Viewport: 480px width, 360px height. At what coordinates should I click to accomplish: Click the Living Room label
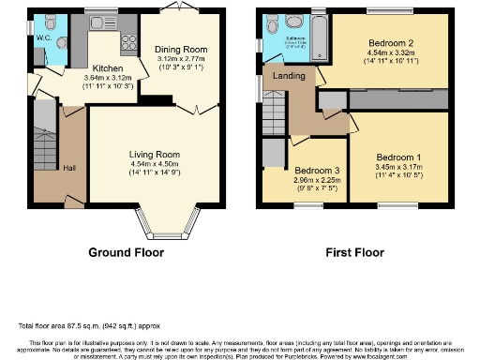click(154, 154)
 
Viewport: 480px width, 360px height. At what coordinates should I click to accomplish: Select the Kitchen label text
click(106, 68)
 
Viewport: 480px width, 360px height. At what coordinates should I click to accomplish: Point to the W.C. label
click(43, 38)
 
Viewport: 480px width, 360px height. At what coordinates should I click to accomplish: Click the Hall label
click(69, 168)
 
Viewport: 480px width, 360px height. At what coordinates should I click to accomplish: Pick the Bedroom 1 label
click(398, 157)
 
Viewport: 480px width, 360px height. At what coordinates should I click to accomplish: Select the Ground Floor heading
click(126, 253)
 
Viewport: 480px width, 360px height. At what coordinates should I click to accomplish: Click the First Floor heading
click(355, 253)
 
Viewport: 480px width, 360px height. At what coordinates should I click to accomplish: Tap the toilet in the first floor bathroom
click(293, 22)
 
